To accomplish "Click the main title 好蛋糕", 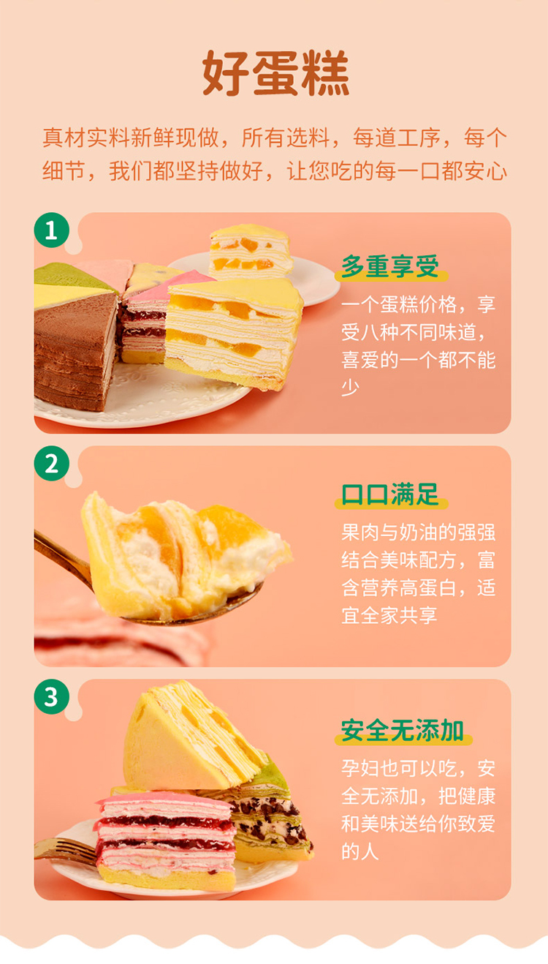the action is pos(275,72).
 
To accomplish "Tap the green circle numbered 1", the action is pos(52,230).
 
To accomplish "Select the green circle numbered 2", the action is pos(52,464).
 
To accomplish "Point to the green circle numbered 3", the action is pos(52,697).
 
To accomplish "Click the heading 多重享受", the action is pos(390,266).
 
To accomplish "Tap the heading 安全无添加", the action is pos(403,730).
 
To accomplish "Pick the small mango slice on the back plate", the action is pos(251,252).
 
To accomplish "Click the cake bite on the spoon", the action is pos(185,555).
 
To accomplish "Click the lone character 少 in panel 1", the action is pos(350,388).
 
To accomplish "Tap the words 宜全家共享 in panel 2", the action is pos(389,615).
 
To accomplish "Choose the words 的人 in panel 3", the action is pos(360,851).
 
